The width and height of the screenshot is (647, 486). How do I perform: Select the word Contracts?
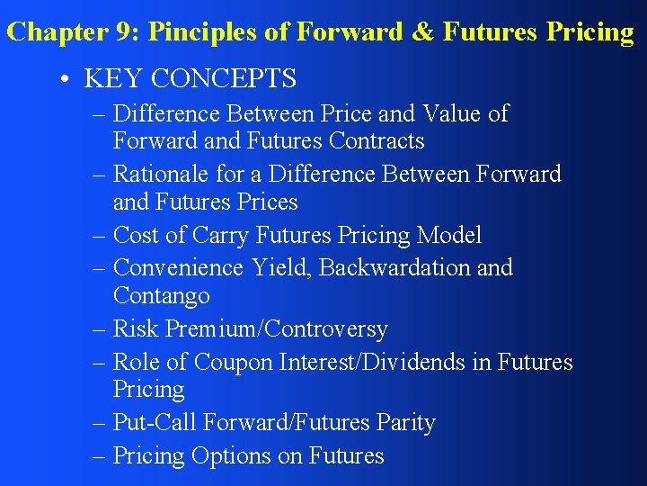coord(377,141)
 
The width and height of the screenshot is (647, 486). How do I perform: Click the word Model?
coord(448,235)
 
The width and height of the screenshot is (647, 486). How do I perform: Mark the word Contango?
coord(162,295)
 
